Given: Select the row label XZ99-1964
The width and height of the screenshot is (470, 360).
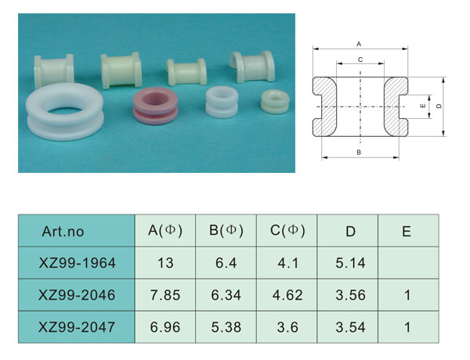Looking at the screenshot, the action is pyautogui.click(x=77, y=263).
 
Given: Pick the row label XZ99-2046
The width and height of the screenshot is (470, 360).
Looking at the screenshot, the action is pyautogui.click(x=77, y=295).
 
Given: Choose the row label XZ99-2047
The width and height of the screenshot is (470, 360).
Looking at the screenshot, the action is pyautogui.click(x=77, y=327).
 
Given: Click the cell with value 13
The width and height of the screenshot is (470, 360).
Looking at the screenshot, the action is pyautogui.click(x=165, y=263).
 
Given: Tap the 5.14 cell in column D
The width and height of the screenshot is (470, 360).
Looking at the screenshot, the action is pyautogui.click(x=350, y=263).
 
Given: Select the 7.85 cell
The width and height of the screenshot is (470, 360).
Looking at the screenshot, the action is pyautogui.click(x=165, y=295).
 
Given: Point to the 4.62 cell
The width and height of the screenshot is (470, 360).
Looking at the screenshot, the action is pyautogui.click(x=287, y=295).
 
